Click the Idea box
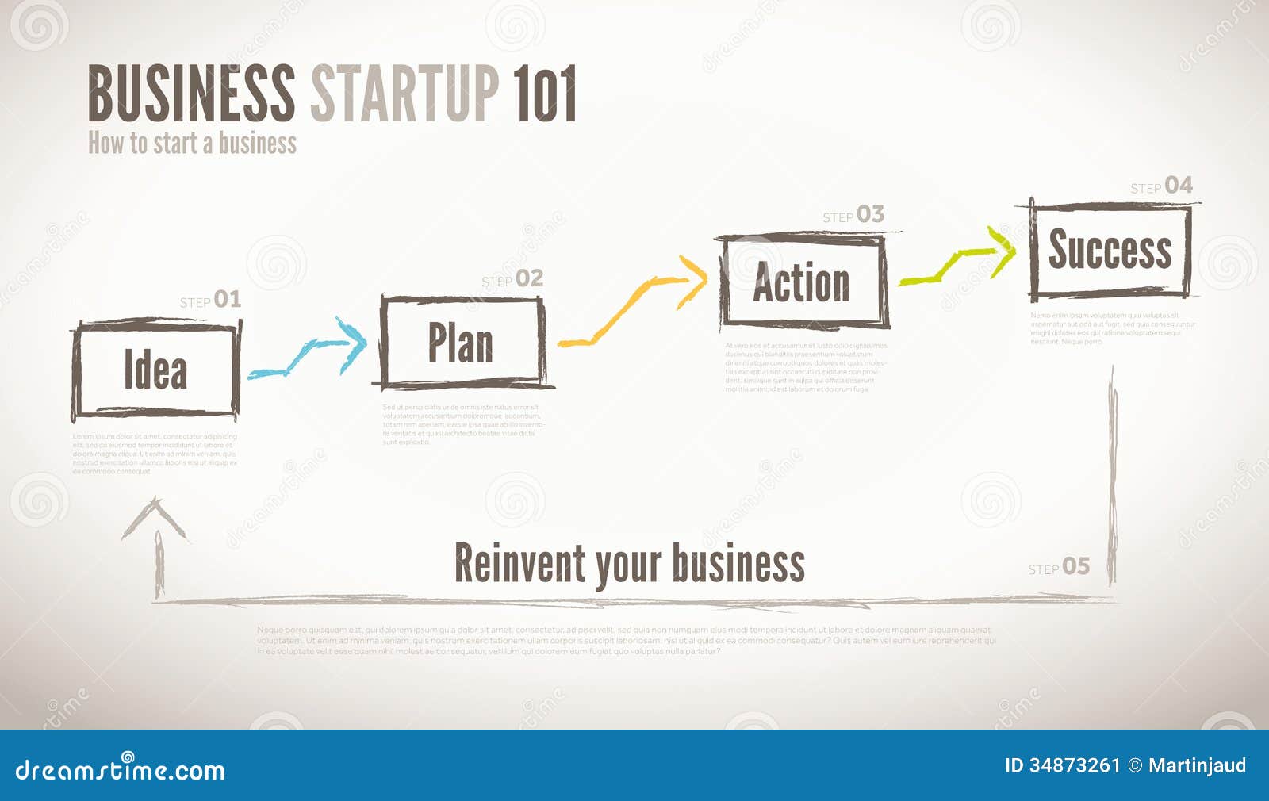155,370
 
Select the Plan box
462,343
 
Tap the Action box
802,282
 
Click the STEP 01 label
210,300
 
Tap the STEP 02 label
512,279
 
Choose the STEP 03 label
853,215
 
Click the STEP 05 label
1059,567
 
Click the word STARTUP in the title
404,94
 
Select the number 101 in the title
544,94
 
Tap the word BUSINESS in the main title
190,94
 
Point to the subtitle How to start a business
192,144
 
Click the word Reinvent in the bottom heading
519,563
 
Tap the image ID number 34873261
1075,765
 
